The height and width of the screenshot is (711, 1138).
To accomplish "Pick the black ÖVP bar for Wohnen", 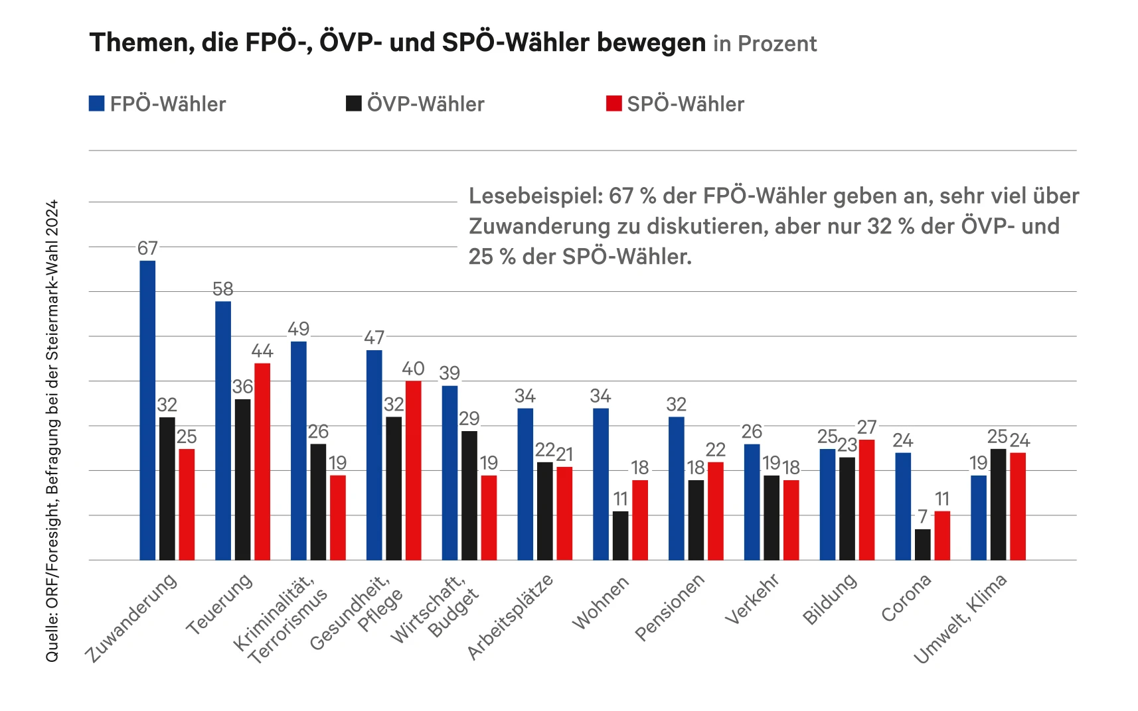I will tap(620, 535).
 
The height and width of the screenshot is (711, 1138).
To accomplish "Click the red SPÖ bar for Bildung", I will tap(866, 499).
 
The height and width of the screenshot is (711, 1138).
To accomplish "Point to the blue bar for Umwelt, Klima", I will tap(979, 517).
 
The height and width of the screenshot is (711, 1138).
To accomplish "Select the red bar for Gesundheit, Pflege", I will tap(413, 470).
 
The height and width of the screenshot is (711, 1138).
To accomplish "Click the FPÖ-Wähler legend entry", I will tap(158, 104).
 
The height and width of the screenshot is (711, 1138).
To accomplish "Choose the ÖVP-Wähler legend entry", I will tap(416, 104).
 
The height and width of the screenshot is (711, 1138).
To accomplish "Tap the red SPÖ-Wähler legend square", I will tap(613, 103).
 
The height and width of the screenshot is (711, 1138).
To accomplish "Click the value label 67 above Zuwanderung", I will tap(147, 248).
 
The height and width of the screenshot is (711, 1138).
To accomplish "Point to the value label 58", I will tap(223, 289).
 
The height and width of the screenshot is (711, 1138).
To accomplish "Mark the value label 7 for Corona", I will tap(922, 516).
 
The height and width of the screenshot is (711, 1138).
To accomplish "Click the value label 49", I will tap(298, 329).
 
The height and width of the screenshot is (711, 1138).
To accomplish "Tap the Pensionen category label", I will tap(669, 608).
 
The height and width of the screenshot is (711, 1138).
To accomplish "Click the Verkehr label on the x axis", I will tap(752, 600).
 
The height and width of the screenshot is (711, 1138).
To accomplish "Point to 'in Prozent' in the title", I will tap(765, 44).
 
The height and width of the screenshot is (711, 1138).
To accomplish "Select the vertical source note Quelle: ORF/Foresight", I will tap(52, 430).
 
